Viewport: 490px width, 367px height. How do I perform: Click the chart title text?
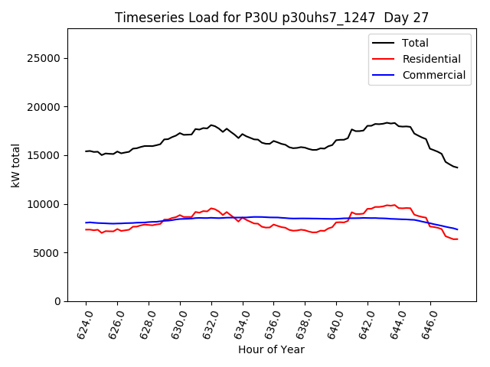click(x=271, y=18)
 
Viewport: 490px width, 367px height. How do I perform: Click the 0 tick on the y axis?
click(x=57, y=301)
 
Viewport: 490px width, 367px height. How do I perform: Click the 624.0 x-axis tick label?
click(x=85, y=321)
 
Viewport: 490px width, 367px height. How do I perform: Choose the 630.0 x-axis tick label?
click(x=179, y=321)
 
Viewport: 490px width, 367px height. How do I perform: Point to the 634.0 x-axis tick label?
click(x=242, y=321)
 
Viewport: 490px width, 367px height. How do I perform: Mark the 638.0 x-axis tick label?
click(x=305, y=321)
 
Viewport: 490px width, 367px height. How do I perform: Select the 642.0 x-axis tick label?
click(x=367, y=321)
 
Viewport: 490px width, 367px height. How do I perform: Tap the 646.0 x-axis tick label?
click(x=430, y=321)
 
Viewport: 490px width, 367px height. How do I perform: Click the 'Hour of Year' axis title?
click(x=271, y=350)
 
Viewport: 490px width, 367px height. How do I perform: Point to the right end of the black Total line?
click(x=457, y=167)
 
